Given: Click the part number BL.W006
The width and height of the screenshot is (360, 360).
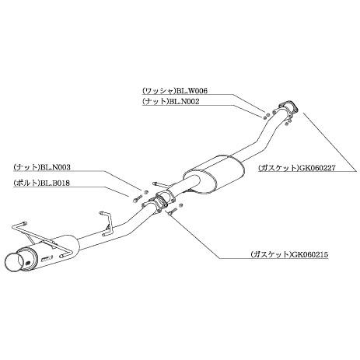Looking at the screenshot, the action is click(192, 91).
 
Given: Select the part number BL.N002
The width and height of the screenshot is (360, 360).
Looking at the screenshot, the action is click(184, 102).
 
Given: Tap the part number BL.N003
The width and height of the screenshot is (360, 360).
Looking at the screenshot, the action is click(55, 167).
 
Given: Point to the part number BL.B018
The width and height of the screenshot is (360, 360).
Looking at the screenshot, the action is click(54, 183).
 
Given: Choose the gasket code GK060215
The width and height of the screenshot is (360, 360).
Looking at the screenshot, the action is click(309, 254).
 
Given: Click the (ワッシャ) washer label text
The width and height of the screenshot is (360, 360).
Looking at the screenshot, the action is click(159, 91).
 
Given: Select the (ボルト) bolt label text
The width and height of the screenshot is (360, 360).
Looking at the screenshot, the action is click(26, 183).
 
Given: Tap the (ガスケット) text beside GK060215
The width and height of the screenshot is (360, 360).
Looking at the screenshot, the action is click(271, 254).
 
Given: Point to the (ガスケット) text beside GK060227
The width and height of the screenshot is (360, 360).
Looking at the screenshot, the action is click(278, 168).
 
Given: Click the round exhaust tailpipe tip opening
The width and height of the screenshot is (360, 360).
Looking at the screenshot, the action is click(15, 262).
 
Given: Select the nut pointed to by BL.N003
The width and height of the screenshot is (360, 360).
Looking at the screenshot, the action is click(145, 192).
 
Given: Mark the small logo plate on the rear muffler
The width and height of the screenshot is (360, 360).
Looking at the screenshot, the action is click(47, 258).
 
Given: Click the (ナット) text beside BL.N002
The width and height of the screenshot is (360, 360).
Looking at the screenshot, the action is click(156, 102).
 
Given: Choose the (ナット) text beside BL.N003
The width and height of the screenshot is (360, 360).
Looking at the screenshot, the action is click(26, 167).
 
